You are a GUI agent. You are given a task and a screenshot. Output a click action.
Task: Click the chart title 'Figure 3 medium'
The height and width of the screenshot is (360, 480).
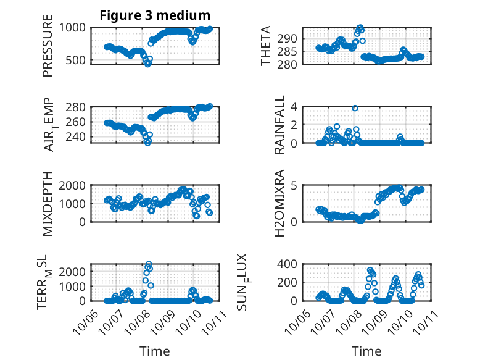pyautogui.click(x=155, y=15)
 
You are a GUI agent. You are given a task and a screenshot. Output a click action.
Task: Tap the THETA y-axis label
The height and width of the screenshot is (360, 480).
pyautogui.click(x=266, y=46)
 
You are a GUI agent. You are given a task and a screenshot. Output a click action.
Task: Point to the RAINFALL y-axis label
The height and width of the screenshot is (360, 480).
pyautogui.click(x=280, y=125)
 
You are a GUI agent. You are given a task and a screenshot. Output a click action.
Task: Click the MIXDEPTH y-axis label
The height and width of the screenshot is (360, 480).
pyautogui.click(x=48, y=204)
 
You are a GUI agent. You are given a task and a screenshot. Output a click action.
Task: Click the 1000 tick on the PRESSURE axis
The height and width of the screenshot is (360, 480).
pyautogui.click(x=75, y=28)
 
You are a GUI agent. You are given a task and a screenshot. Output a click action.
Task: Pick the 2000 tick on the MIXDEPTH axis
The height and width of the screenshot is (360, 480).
pyautogui.click(x=75, y=186)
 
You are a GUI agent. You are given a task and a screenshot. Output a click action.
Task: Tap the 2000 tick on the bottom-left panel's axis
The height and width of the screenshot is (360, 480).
pyautogui.click(x=75, y=271)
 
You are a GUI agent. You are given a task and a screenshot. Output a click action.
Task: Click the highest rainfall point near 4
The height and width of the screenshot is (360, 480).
pyautogui.click(x=355, y=107)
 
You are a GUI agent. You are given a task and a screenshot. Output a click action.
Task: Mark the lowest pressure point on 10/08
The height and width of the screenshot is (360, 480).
pyautogui.click(x=147, y=64)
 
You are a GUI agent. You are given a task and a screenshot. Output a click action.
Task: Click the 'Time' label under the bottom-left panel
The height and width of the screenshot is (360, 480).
pyautogui.click(x=155, y=351)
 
